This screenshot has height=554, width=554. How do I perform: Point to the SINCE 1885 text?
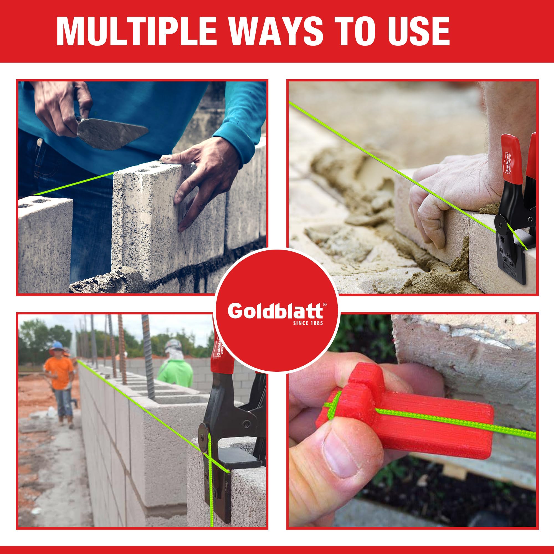[x=308, y=323]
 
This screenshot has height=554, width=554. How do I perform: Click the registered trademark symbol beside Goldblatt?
[x=324, y=305]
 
